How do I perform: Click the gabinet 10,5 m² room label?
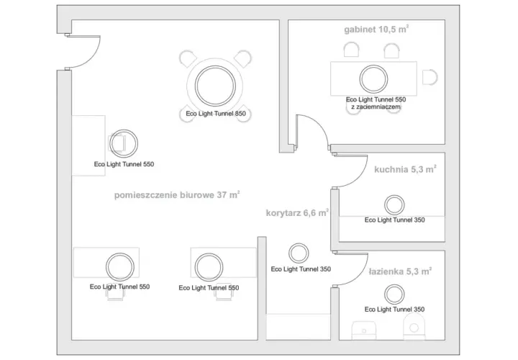point(376,30)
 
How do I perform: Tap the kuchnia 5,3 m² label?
point(405,169)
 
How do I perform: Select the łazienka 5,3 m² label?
point(400,271)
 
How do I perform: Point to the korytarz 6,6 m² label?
point(297,213)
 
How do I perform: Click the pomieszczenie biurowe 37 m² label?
point(177,194)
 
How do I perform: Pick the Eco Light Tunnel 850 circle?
point(215,86)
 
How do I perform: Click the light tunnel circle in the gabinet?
point(373,79)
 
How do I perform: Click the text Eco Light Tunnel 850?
point(216,114)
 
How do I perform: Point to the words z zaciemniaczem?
point(376,107)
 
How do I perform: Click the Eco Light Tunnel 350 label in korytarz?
point(301,269)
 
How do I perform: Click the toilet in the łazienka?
point(414,327)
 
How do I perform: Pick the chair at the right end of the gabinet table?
point(430,77)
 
